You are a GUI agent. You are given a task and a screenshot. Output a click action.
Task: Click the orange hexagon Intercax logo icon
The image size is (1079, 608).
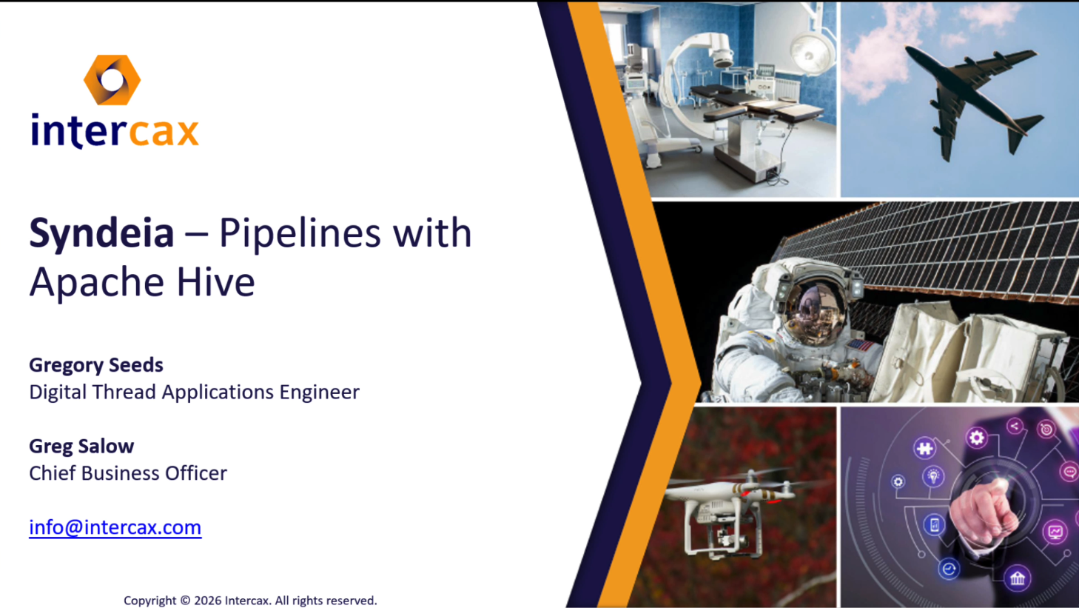click(x=112, y=80)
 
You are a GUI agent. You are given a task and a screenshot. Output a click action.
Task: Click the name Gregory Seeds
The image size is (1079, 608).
click(x=96, y=365)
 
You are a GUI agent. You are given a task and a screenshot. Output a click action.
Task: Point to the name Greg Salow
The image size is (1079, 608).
click(x=81, y=446)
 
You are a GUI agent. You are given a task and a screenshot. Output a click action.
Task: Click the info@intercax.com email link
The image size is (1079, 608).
click(x=115, y=527)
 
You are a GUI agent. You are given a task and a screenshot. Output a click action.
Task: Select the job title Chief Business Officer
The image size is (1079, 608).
click(x=128, y=473)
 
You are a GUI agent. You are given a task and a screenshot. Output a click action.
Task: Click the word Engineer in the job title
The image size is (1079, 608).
click(x=320, y=392)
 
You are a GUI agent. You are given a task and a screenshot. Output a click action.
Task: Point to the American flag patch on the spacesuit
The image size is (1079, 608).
click(x=859, y=345)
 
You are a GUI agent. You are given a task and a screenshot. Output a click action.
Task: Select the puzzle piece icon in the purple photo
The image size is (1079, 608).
click(x=924, y=448)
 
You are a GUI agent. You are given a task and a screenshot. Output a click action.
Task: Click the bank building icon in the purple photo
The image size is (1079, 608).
click(x=1017, y=578)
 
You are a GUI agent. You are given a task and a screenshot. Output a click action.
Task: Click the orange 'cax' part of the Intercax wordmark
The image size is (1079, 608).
click(x=164, y=132)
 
